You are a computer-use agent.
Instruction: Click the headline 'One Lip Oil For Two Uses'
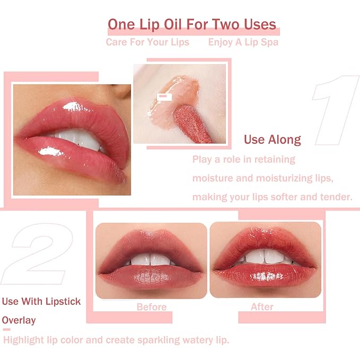pos(191,24)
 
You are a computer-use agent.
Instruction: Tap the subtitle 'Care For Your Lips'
pos(147,42)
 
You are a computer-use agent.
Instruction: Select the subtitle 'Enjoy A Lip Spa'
pos(243,42)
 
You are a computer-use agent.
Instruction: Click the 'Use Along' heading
pos(272,140)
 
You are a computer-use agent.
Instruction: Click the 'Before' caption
pos(151,307)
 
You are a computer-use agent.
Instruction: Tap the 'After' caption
pos(262,307)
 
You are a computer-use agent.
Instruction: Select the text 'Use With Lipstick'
pos(41,301)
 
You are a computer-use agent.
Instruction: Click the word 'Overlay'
pos(19,320)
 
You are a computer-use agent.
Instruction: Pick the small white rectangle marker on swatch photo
pos(165,96)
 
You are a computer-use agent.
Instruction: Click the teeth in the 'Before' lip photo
pos(151,260)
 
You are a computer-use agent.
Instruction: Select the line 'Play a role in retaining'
pos(243,159)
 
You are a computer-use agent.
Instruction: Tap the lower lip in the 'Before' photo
pos(151,276)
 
